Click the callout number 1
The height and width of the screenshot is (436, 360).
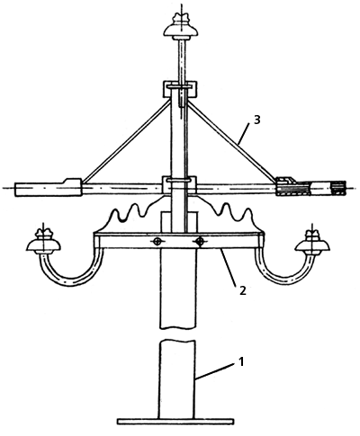click(241, 361)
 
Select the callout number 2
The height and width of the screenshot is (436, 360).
click(243, 290)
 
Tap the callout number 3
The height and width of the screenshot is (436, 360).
click(257, 120)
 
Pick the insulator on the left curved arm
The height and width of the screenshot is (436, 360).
click(44, 241)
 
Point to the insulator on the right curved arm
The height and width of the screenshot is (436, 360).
click(312, 241)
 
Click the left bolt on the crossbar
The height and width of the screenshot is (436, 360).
click(157, 242)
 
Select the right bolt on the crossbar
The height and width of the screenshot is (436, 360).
click(199, 241)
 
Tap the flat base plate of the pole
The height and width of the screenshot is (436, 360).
click(175, 421)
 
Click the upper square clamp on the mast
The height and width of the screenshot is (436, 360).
click(180, 89)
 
